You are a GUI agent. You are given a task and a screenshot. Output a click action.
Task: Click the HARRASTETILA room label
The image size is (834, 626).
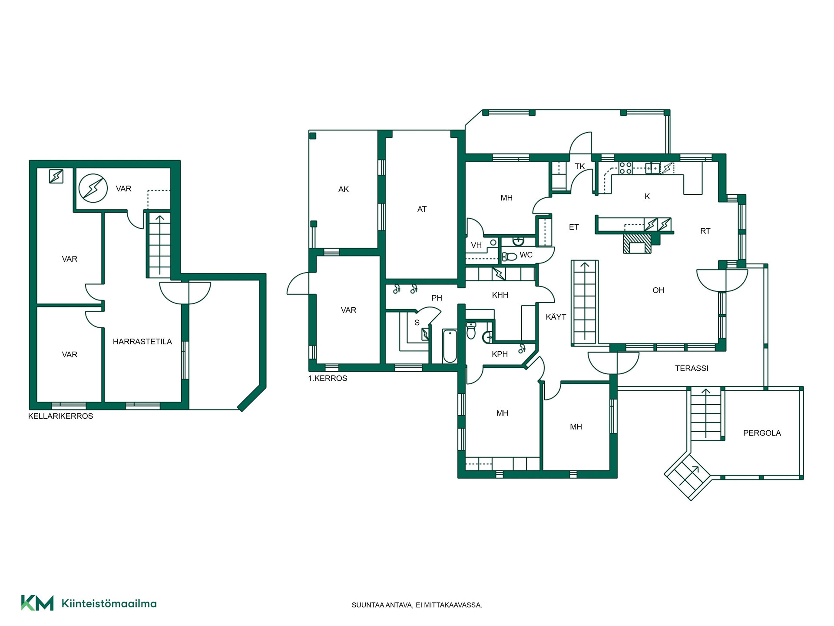[x=142, y=342]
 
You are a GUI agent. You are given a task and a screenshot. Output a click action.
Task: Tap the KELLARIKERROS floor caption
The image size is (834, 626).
[x=60, y=416]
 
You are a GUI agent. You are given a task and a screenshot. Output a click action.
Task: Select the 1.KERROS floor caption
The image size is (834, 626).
[x=328, y=378]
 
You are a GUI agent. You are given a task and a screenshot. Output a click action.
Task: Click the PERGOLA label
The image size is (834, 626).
[x=762, y=433]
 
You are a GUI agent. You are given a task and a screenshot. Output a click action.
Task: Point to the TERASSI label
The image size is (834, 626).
[x=692, y=368]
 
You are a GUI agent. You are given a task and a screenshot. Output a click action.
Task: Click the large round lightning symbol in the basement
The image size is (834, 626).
[x=93, y=188]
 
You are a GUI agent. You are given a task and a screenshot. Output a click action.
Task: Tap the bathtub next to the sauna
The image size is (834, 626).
[x=450, y=346]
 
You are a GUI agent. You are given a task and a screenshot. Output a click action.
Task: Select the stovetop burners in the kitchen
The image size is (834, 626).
[x=625, y=168]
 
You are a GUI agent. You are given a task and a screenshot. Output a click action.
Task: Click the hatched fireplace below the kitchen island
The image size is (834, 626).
[x=637, y=243]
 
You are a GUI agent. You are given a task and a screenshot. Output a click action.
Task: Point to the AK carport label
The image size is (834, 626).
[x=344, y=189]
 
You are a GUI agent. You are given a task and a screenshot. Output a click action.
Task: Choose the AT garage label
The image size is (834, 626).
[x=422, y=209]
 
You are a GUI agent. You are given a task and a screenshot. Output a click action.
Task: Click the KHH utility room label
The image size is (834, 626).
[x=500, y=295]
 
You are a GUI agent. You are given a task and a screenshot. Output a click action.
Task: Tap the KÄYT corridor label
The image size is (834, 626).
[x=556, y=317]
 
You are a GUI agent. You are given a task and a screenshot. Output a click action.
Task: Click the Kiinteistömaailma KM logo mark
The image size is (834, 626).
[x=37, y=603]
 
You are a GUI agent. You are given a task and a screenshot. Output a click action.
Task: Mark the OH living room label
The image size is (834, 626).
[x=658, y=290]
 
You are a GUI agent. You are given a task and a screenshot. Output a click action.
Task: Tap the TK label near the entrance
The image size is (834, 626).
[x=580, y=166]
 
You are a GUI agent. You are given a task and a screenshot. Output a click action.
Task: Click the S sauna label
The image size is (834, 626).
[x=417, y=323]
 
